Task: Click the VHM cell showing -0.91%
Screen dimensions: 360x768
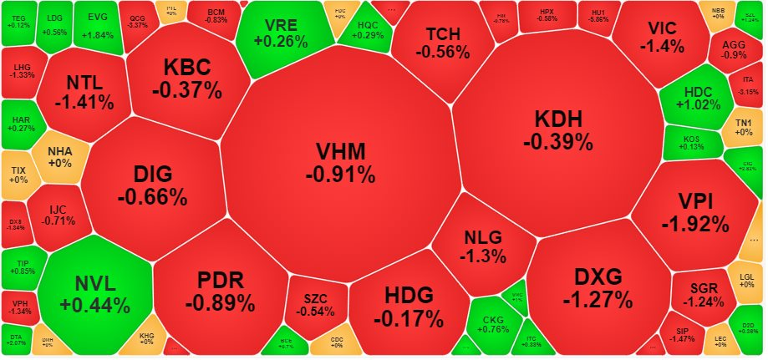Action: [339, 162]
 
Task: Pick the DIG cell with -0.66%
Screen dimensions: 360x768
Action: [152, 185]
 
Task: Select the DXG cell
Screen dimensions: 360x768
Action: [598, 286]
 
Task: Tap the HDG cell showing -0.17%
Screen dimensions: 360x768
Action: [409, 306]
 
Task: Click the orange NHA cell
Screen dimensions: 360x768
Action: [60, 156]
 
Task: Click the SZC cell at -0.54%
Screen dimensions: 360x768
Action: [315, 304]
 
